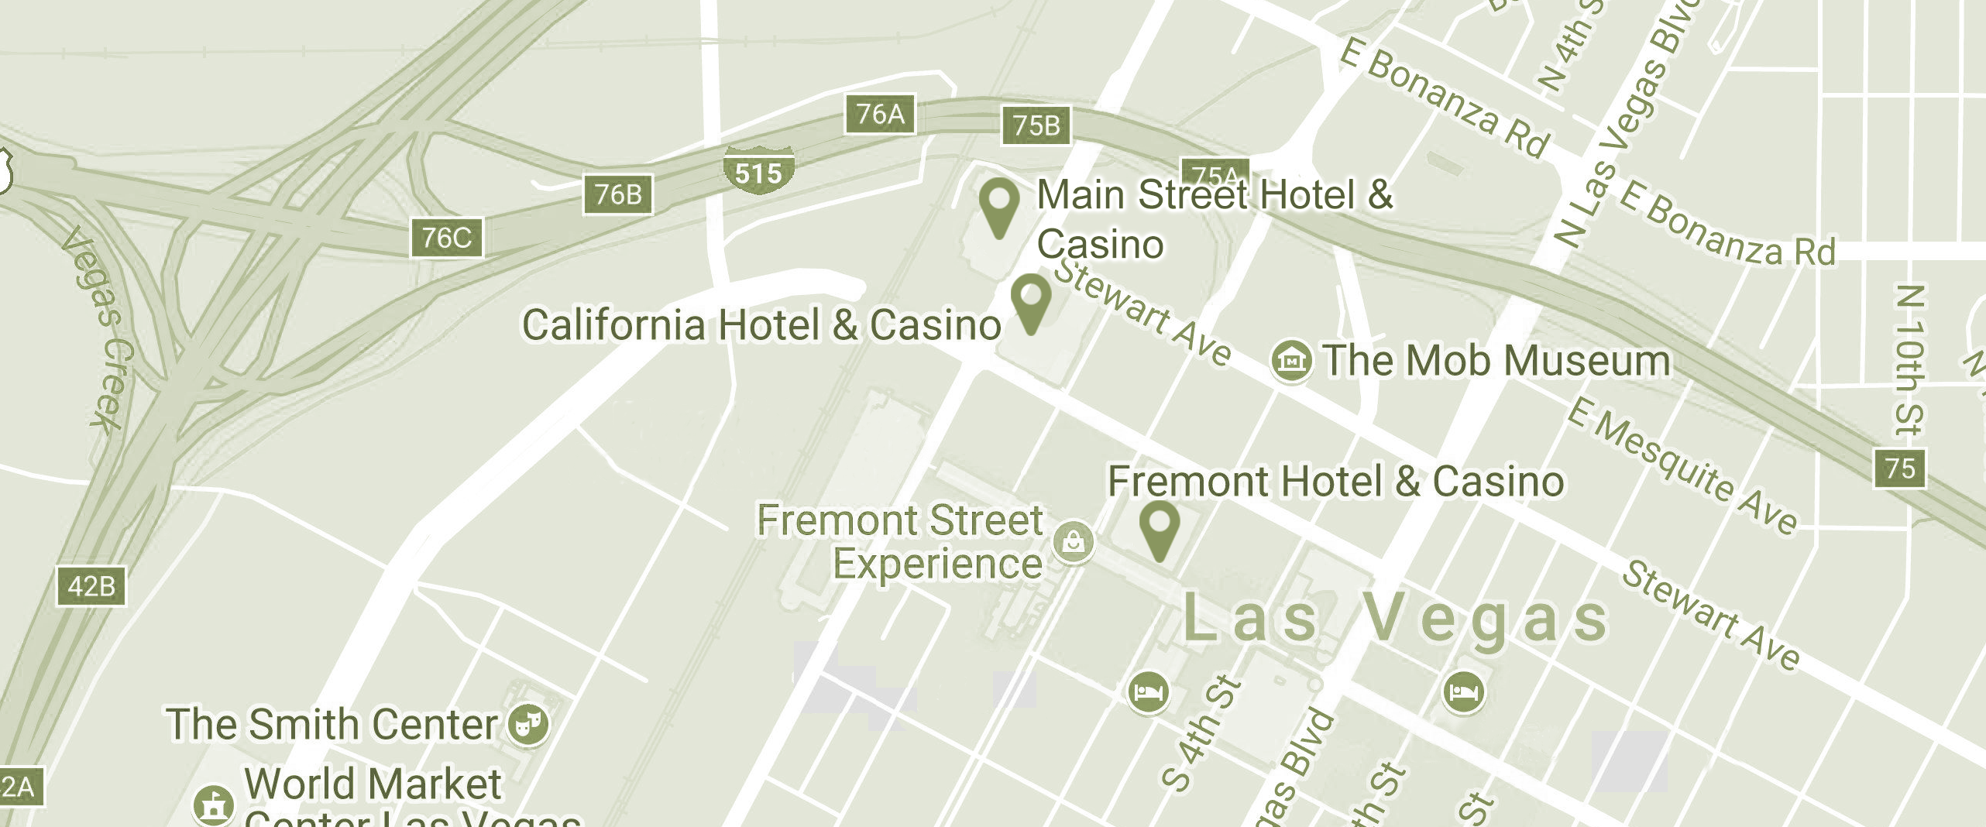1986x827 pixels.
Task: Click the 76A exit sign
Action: [880, 115]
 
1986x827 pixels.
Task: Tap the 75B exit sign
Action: [1036, 125]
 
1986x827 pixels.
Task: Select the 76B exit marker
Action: [617, 194]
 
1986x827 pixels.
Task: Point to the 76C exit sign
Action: [446, 237]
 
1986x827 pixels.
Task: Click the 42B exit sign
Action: [91, 586]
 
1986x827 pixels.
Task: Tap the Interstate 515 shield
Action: [758, 171]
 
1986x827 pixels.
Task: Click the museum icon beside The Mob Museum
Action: [1291, 360]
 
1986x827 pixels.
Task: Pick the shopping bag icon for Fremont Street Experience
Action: [1074, 541]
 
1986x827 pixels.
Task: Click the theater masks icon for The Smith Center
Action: [528, 725]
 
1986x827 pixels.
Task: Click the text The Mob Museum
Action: [1496, 361]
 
